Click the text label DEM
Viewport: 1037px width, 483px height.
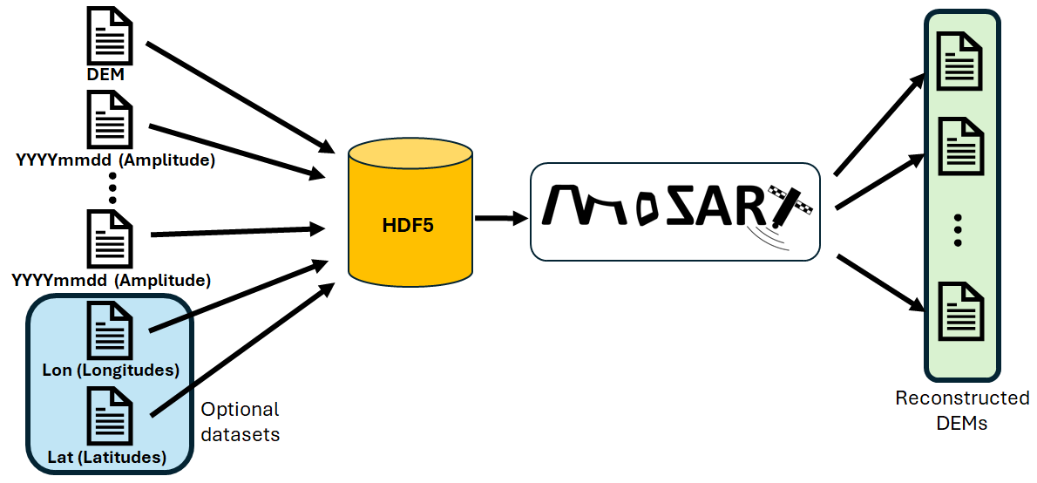coord(105,75)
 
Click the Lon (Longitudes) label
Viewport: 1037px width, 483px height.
coord(111,370)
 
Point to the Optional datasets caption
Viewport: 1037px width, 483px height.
coord(241,421)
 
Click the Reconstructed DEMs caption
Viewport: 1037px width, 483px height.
coord(962,410)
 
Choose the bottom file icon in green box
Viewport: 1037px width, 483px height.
coord(959,312)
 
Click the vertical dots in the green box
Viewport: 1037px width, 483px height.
coord(958,228)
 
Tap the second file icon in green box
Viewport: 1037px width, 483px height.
coord(959,145)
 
